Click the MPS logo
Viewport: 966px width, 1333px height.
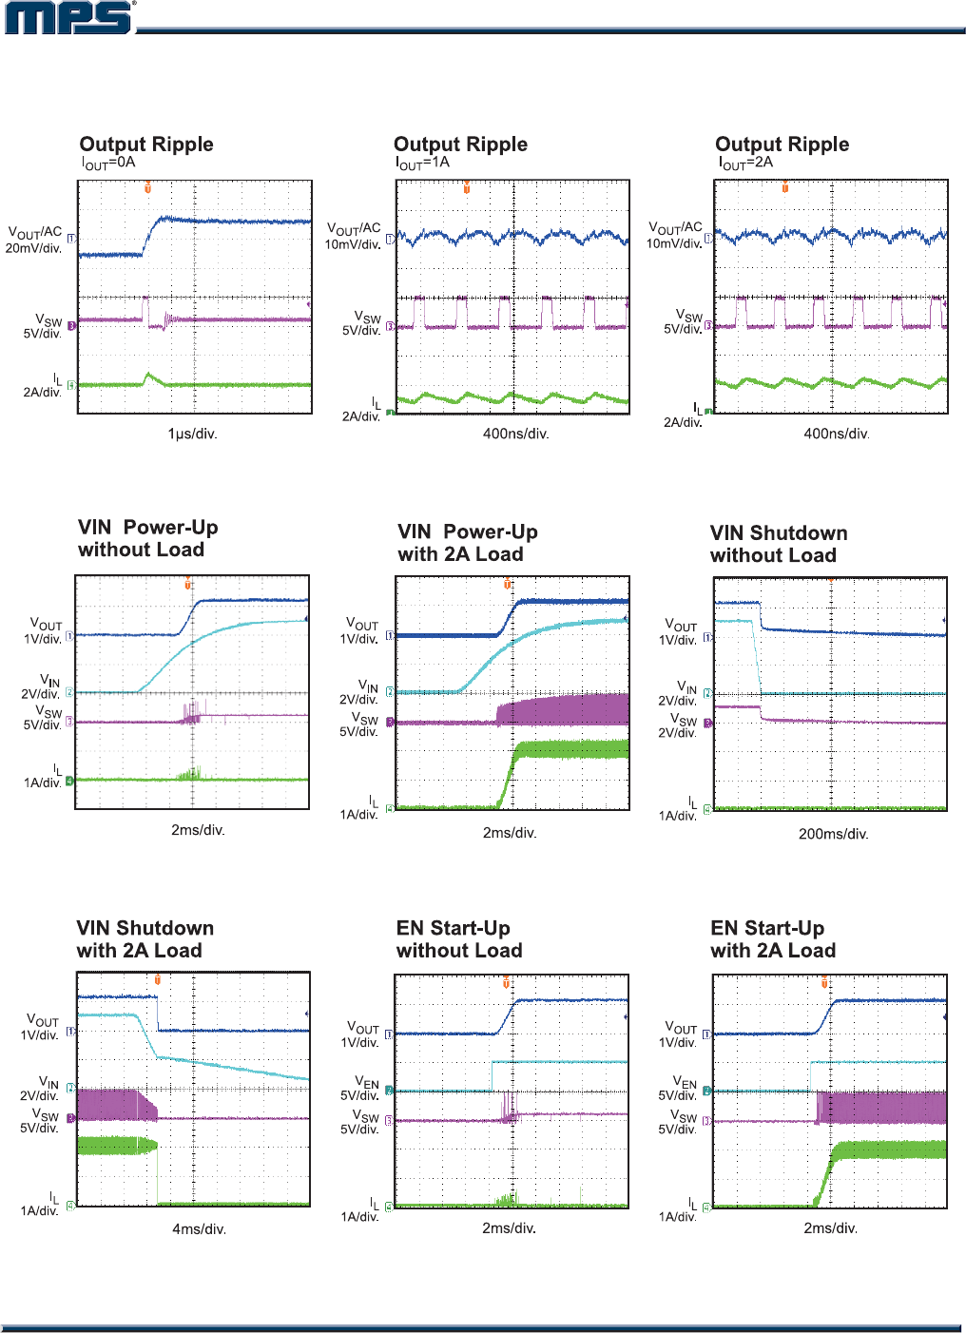point(69,18)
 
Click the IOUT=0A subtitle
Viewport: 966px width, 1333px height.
point(107,163)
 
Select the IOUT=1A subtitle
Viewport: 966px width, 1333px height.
point(422,163)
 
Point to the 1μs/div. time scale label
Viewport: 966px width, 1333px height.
point(192,434)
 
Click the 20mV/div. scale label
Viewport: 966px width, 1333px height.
point(33,248)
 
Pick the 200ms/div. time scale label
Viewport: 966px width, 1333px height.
point(833,834)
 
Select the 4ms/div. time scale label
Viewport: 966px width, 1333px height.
point(199,1229)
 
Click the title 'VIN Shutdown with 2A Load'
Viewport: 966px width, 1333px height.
point(145,939)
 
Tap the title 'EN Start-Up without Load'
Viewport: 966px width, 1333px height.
point(459,939)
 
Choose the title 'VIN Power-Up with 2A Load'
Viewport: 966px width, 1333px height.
point(468,543)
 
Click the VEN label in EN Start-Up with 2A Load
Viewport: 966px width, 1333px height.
point(685,1082)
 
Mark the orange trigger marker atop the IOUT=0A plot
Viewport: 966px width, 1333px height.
point(147,187)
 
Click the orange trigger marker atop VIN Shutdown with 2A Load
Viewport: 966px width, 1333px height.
point(157,978)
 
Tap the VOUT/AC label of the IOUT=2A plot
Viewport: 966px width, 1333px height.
point(675,228)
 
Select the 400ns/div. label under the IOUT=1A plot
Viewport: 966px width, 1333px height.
point(515,434)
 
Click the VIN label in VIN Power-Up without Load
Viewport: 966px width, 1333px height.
point(49,680)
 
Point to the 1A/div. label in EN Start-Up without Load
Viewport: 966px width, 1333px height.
point(359,1217)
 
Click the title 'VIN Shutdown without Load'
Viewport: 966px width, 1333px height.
point(778,544)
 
